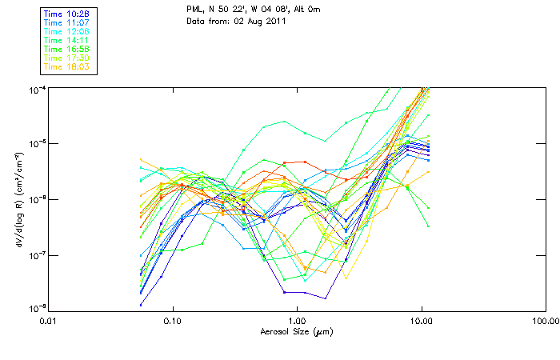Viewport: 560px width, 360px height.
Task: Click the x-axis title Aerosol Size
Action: [296, 330]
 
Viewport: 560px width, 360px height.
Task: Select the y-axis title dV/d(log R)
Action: [18, 198]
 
